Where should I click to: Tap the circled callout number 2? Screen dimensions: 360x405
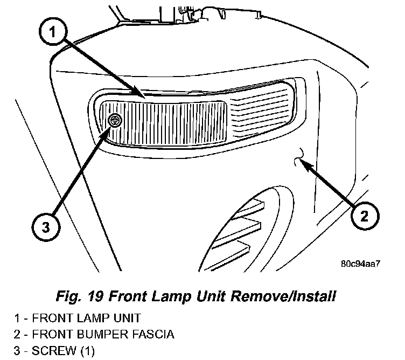click(364, 217)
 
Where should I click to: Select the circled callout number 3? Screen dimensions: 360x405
click(45, 227)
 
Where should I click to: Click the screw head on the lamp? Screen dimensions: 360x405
click(114, 121)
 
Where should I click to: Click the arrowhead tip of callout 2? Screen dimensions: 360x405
click(302, 160)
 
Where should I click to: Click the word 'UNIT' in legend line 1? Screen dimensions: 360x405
click(124, 319)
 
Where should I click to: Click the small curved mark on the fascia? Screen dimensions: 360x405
click(299, 156)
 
